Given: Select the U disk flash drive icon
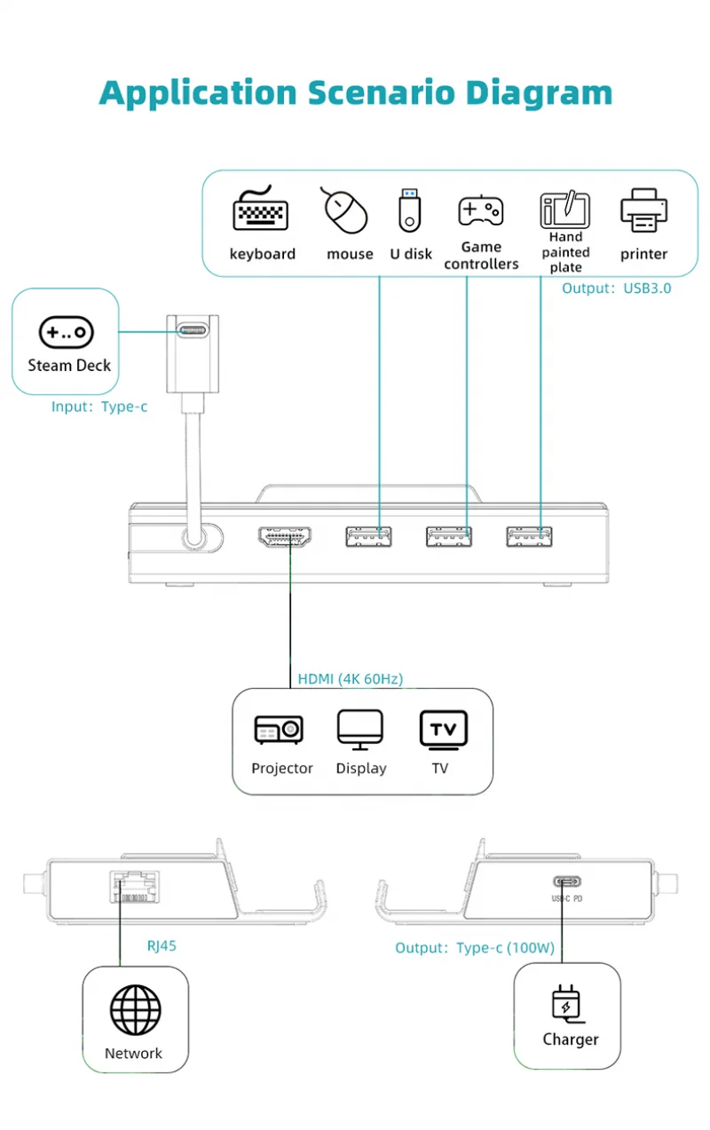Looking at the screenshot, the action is (409, 210).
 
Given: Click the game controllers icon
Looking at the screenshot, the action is (480, 209).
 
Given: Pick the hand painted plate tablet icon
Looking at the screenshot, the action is (564, 209).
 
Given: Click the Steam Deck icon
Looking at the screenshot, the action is (66, 333).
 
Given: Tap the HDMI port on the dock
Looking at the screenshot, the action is (284, 536).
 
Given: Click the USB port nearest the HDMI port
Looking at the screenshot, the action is (368, 537).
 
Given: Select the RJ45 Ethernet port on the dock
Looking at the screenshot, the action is (134, 887).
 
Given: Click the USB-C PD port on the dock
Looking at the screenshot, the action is (567, 881).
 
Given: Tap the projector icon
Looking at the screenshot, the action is (279, 730).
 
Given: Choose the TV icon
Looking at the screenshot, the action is (443, 730).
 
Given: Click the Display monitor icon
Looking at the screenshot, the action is (360, 730).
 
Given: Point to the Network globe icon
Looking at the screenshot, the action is (135, 1010).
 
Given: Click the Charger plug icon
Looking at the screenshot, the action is (567, 1004).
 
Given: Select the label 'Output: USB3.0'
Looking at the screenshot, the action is (616, 288).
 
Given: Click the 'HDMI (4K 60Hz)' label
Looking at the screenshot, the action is (351, 678).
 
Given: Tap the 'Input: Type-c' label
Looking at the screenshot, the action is (99, 406).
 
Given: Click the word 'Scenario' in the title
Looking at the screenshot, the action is (382, 93).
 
